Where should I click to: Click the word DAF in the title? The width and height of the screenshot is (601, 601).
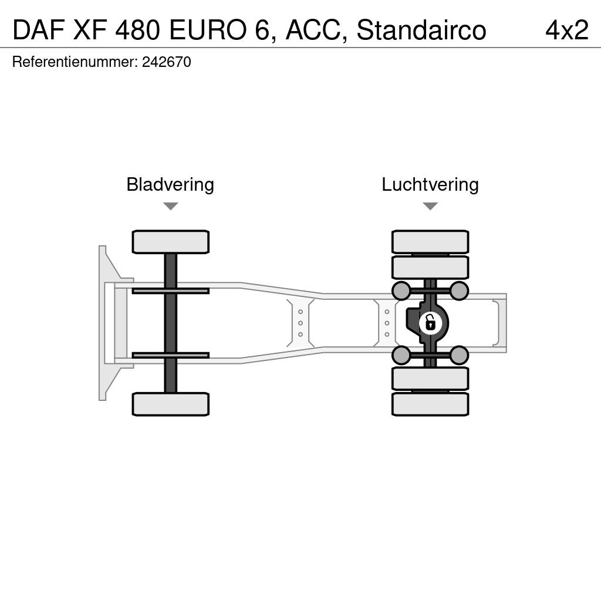click(x=38, y=30)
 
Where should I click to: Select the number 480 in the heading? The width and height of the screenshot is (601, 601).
click(x=137, y=30)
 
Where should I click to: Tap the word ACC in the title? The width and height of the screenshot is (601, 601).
click(x=313, y=30)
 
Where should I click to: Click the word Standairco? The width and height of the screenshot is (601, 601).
click(x=421, y=30)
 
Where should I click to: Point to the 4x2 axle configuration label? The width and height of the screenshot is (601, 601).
click(x=567, y=30)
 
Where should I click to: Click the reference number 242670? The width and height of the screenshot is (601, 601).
click(x=166, y=62)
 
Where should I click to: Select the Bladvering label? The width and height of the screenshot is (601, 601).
click(x=170, y=184)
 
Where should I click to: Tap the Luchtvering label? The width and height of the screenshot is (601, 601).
click(x=430, y=184)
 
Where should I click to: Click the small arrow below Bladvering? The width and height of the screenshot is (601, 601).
click(x=171, y=206)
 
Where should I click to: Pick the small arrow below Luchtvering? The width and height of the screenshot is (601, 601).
click(x=430, y=206)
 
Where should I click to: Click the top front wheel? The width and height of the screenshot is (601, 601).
click(x=171, y=242)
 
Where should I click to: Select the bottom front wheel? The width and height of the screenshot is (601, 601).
click(x=171, y=404)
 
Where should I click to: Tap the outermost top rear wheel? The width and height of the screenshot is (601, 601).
click(x=430, y=242)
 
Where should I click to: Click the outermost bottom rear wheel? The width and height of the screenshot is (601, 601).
click(x=430, y=404)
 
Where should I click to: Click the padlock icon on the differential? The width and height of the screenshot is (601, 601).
click(x=431, y=323)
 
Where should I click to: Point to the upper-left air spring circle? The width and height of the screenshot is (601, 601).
click(x=401, y=291)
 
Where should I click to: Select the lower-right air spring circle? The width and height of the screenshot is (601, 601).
click(x=459, y=355)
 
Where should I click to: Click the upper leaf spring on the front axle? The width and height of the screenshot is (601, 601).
click(x=171, y=291)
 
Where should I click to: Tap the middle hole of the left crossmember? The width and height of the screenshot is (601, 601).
click(x=300, y=323)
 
